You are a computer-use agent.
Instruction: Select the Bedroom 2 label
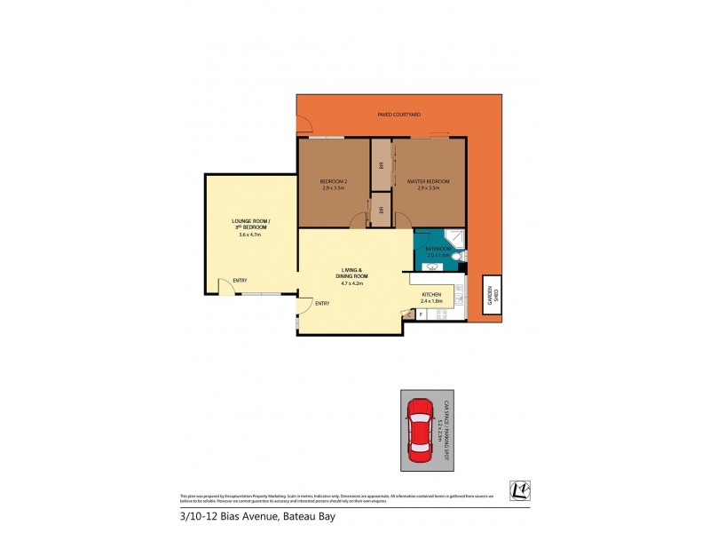[x=334, y=182]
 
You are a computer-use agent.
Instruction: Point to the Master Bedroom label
[x=429, y=182]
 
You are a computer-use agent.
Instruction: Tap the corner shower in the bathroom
[x=454, y=237]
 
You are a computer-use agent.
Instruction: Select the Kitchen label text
[x=431, y=294]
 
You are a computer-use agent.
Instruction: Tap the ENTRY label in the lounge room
[x=241, y=282]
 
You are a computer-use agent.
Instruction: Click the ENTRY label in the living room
[x=321, y=304]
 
